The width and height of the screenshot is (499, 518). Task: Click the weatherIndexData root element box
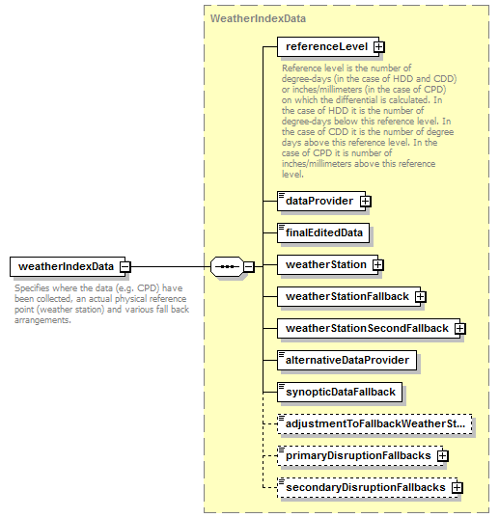pyautogui.click(x=68, y=266)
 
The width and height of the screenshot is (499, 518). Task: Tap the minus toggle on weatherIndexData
pyautogui.click(x=125, y=266)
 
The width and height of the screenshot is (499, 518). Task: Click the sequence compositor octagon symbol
pyautogui.click(x=227, y=266)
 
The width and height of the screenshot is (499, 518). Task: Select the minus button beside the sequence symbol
pyautogui.click(x=249, y=266)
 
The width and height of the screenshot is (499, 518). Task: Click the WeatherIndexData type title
pyautogui.click(x=258, y=18)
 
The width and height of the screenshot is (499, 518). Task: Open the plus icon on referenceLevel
pyautogui.click(x=379, y=47)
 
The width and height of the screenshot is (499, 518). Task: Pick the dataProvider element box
pyautogui.click(x=321, y=201)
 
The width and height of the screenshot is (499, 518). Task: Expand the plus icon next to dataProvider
pyautogui.click(x=366, y=201)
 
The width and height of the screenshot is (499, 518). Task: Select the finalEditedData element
pyautogui.click(x=323, y=232)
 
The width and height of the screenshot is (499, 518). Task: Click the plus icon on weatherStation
pyautogui.click(x=378, y=264)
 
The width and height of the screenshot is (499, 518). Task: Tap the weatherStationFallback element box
pyautogui.click(x=348, y=297)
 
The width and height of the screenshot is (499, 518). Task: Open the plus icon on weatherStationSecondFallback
pyautogui.click(x=460, y=328)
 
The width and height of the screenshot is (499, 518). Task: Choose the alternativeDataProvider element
pyautogui.click(x=347, y=361)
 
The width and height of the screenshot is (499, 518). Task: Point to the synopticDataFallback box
pyautogui.click(x=340, y=393)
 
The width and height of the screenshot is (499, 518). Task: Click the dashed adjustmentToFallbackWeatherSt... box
pyautogui.click(x=374, y=423)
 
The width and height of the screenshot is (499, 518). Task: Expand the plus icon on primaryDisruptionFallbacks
pyautogui.click(x=443, y=456)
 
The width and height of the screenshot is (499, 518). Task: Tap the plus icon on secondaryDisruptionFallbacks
pyautogui.click(x=457, y=487)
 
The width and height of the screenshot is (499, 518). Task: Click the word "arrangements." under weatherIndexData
pyautogui.click(x=42, y=320)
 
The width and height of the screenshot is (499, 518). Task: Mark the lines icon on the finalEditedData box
pyautogui.click(x=282, y=228)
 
